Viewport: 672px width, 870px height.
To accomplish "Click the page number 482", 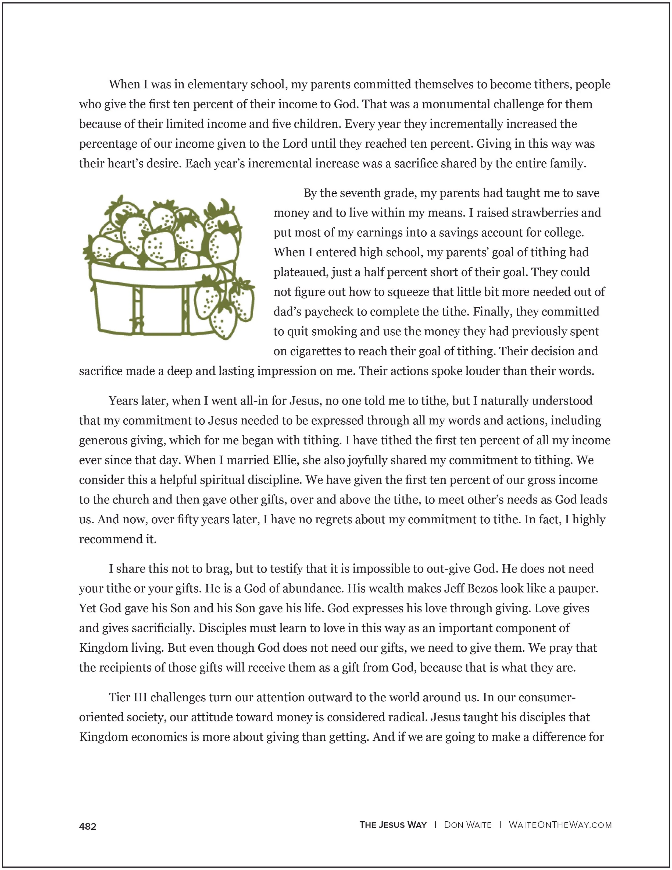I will coord(88,827).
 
